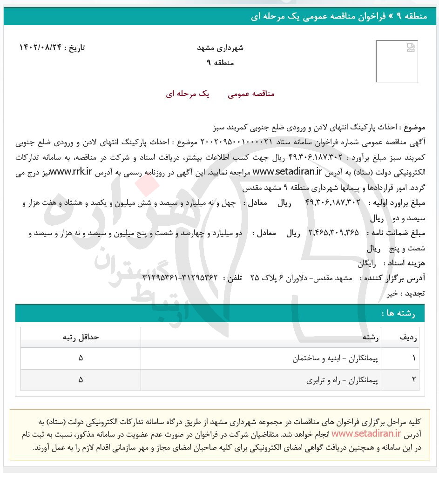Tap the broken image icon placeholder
[410, 47]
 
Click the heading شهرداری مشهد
[220, 48]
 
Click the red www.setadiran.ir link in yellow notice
[365, 434]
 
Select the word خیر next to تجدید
[392, 293]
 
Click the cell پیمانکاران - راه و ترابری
[342, 380]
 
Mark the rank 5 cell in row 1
[81, 358]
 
